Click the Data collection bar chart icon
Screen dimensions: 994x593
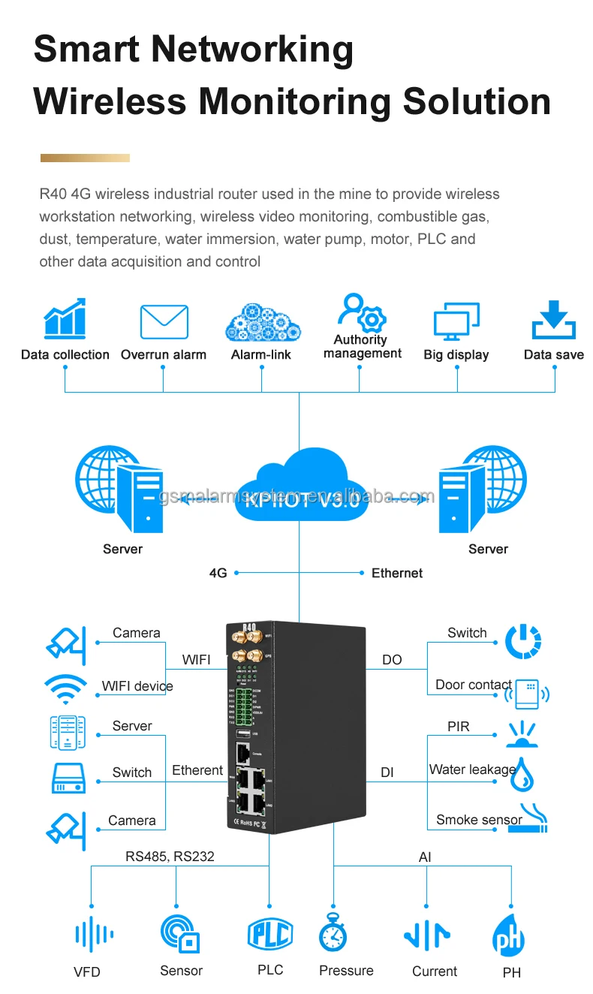coord(65,319)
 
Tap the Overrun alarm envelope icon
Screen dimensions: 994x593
coord(164,322)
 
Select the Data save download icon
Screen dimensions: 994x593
coord(554,321)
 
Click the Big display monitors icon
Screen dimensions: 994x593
coord(456,321)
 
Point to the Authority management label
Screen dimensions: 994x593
coord(363,346)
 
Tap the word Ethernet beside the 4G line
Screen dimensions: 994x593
coord(397,573)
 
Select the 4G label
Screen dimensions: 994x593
coord(218,573)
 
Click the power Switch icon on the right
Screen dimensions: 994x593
coord(523,641)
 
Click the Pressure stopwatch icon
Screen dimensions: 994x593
coord(333,933)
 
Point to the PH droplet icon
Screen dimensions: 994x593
coord(509,935)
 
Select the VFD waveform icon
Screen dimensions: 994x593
coord(95,935)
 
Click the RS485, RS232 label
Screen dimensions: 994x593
coord(170,857)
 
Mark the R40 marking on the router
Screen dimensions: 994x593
coord(249,627)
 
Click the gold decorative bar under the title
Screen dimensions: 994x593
coord(85,158)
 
